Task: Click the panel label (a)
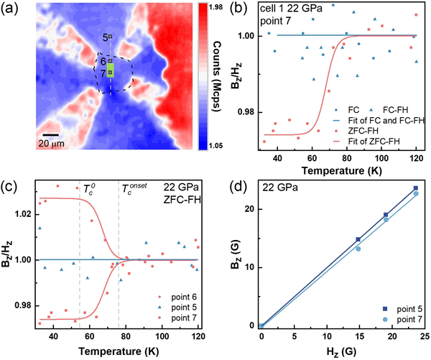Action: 11,10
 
